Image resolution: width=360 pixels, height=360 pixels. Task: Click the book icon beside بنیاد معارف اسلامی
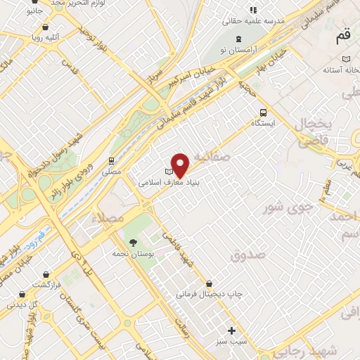(168, 171)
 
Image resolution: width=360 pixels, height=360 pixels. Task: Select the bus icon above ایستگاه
(263, 112)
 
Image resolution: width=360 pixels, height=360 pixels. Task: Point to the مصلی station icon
(111, 161)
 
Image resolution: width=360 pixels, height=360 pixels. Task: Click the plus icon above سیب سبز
(231, 330)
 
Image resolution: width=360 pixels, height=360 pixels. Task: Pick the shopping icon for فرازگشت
(46, 275)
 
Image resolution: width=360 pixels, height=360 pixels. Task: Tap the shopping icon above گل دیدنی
(23, 295)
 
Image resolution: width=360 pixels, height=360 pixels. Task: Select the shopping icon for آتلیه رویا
(46, 27)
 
